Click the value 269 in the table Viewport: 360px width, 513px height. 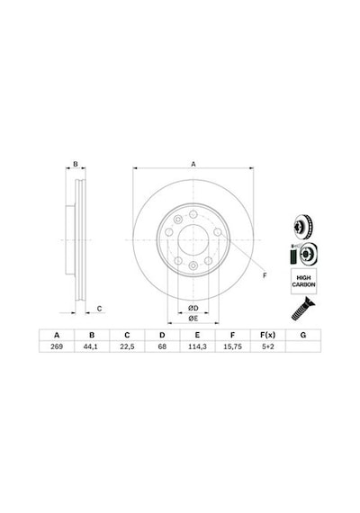click(x=57, y=346)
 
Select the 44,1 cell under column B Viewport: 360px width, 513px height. click(x=92, y=346)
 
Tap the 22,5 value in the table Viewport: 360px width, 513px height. click(x=127, y=346)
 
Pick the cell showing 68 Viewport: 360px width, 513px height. click(x=162, y=346)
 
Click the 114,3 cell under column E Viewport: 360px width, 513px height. click(x=197, y=346)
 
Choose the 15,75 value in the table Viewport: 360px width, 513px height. click(x=232, y=346)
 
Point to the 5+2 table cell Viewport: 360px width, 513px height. click(x=267, y=346)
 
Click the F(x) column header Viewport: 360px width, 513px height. click(x=267, y=335)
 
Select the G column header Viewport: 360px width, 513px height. click(x=303, y=335)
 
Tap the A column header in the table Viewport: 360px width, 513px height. click(x=57, y=335)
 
